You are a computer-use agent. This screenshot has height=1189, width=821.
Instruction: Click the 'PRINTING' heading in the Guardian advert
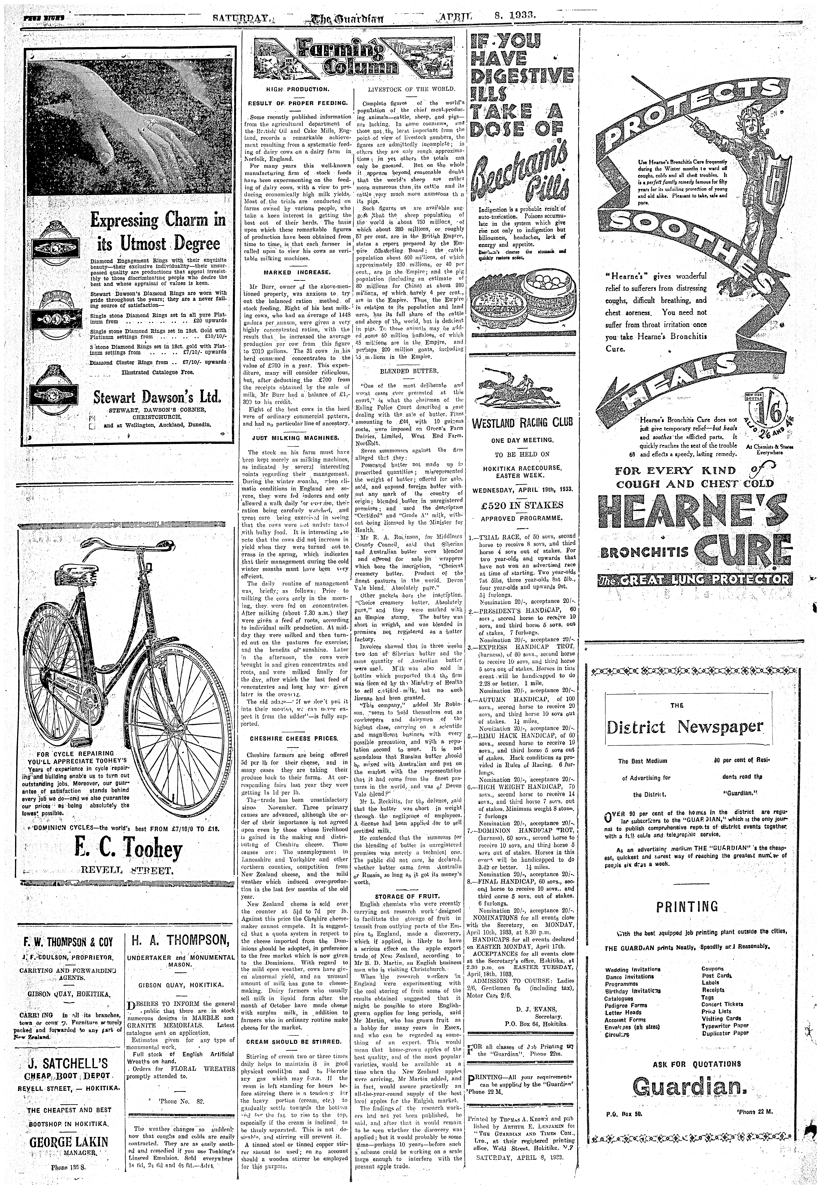tap(687, 906)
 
